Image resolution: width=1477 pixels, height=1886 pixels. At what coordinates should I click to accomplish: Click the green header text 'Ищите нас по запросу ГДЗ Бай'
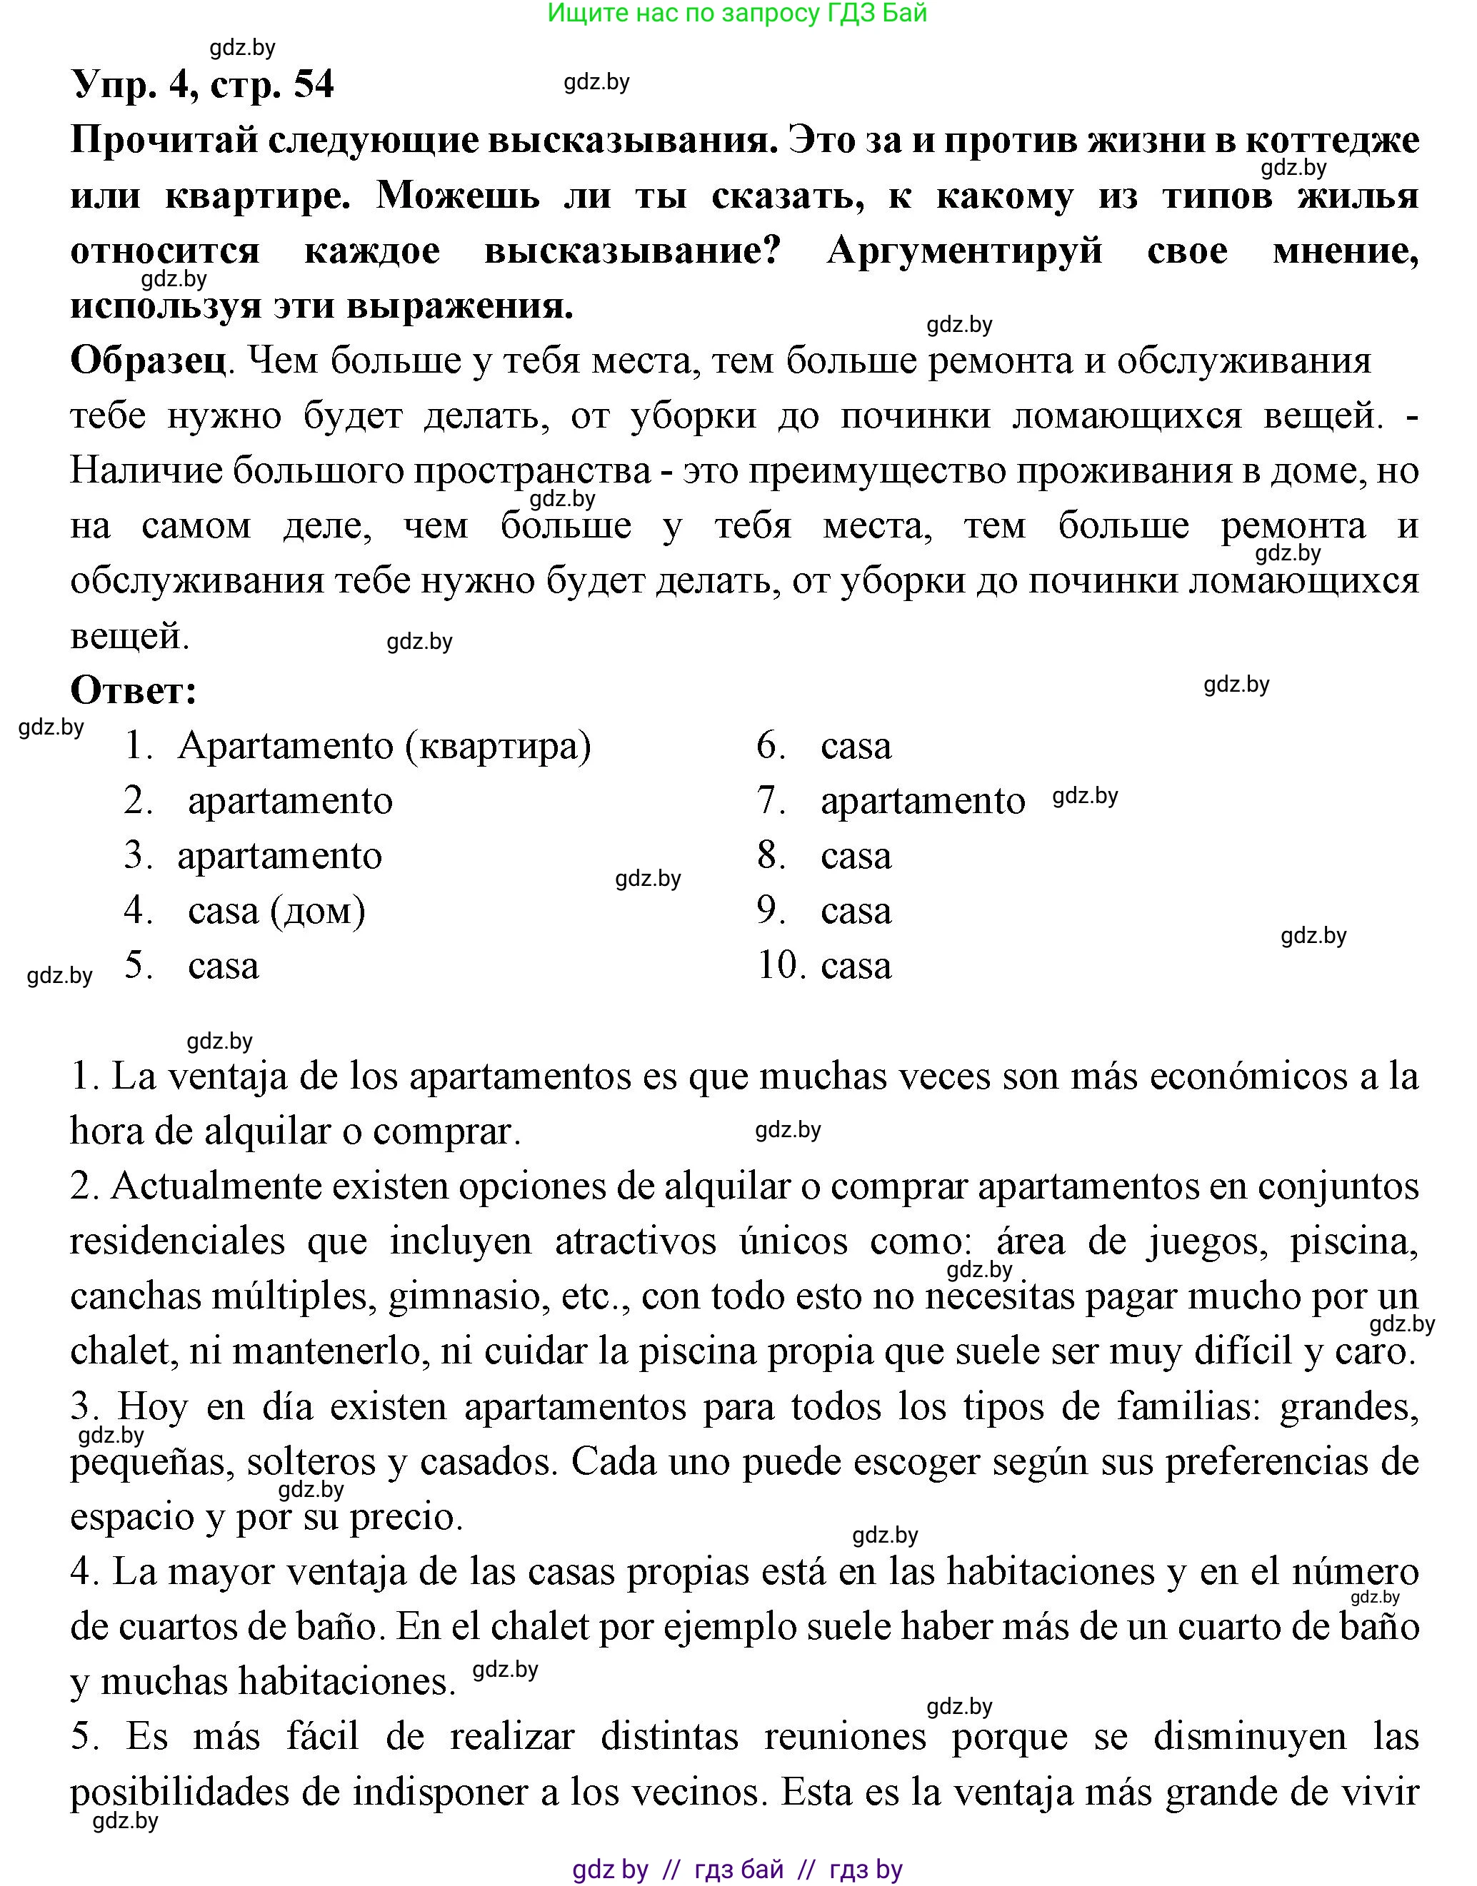(737, 14)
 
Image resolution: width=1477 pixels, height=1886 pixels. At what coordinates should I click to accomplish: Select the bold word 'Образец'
(148, 361)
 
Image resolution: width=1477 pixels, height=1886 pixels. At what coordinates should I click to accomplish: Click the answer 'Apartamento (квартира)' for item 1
(384, 746)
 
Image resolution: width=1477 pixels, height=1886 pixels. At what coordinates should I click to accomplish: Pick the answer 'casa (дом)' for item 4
(276, 911)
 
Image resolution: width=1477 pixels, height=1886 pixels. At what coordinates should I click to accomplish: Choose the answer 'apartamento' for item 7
(922, 801)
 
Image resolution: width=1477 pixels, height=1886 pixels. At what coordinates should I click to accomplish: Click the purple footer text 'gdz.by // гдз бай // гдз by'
(737, 1870)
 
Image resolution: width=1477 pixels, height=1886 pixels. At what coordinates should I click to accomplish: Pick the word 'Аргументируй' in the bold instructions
(964, 251)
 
